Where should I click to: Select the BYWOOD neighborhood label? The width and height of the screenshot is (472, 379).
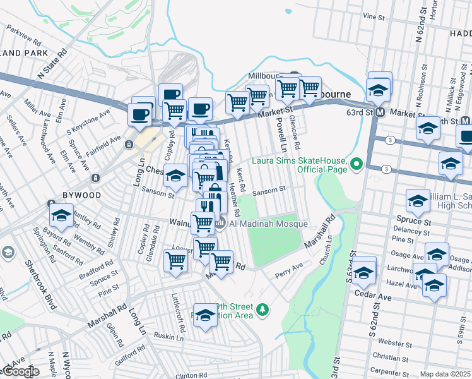point(82,195)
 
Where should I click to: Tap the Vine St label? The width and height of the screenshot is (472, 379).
point(374,15)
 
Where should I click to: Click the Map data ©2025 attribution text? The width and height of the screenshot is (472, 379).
point(445,374)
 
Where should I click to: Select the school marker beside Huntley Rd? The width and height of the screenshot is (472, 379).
point(61,215)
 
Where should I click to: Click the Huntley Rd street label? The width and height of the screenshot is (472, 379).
point(86,217)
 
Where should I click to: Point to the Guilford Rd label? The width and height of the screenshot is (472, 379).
point(131,361)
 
